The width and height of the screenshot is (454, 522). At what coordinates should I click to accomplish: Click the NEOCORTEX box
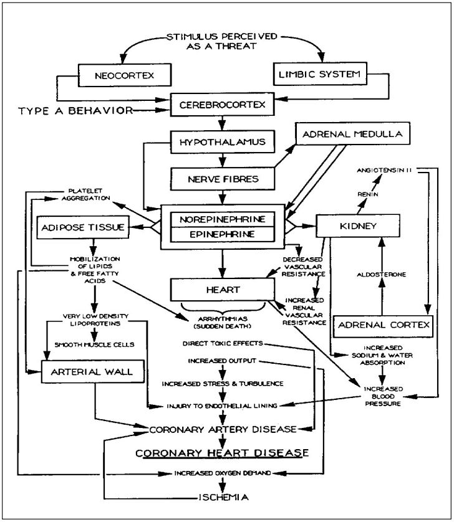coord(124,77)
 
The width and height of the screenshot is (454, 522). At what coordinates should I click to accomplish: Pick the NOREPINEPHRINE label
coord(223,219)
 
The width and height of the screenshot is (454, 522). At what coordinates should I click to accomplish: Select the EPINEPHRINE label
coord(223,234)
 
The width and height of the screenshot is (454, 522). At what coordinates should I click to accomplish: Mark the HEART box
coord(223,290)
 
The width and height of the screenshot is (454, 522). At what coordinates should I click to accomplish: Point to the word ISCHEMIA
coord(221,498)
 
